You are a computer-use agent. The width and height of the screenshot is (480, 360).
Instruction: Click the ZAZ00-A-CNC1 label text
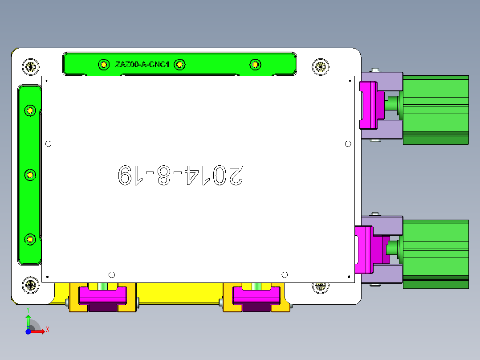point(142,65)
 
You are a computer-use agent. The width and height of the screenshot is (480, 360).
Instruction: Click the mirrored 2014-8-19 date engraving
point(180,175)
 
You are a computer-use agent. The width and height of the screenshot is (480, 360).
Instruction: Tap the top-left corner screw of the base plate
point(30,67)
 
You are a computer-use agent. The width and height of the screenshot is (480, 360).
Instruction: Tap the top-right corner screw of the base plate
point(320,67)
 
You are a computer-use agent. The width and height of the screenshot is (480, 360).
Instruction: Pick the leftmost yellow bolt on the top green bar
point(103,65)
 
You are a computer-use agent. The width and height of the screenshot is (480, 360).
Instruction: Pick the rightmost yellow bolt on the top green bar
point(255,65)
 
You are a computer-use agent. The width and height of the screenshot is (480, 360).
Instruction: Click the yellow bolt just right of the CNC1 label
point(179,65)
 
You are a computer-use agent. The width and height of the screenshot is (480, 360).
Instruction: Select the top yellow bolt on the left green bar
point(30,110)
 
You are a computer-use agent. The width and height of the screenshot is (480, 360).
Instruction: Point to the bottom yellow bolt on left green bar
point(30,240)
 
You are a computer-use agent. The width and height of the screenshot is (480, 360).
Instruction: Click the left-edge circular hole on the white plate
point(49,143)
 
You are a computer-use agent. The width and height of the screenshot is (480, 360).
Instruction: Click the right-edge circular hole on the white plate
point(348,143)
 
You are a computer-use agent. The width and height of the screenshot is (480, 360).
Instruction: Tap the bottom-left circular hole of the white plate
point(112,274)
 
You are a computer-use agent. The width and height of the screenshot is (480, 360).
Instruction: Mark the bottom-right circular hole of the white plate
point(285,274)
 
